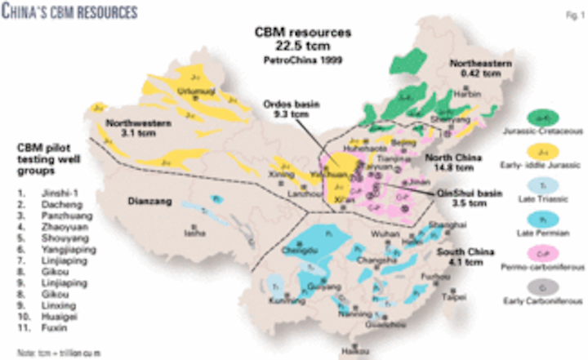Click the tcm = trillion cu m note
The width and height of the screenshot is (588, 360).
tap(51, 353)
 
